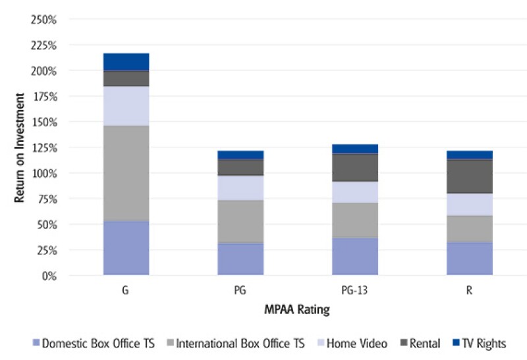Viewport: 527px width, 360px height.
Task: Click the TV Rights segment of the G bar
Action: click(x=126, y=61)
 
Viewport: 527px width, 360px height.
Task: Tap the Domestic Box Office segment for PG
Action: click(x=240, y=259)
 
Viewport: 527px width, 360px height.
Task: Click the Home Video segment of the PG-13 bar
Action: click(x=355, y=192)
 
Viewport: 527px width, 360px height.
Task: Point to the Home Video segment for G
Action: click(x=126, y=105)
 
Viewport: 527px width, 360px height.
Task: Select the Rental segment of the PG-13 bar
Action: click(x=355, y=167)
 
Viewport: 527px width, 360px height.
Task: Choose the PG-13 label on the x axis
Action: click(x=355, y=290)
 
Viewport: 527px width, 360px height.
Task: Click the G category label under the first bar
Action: click(x=126, y=290)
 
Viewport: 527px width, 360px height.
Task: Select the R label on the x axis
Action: click(x=470, y=290)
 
